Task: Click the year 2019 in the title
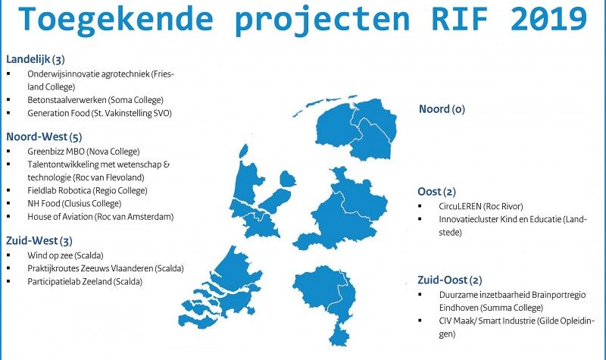coord(548,18)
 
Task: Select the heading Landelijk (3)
coord(36,60)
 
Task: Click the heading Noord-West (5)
coord(44,137)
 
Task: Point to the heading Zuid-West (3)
coord(39,241)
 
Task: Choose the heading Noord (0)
coord(442,109)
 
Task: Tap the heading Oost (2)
coord(437,192)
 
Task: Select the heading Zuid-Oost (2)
coord(450,280)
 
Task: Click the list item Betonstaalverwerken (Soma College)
coord(95,100)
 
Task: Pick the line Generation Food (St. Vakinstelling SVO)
coord(99,113)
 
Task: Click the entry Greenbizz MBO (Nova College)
coord(83,152)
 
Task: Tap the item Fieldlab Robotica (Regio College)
coord(87,191)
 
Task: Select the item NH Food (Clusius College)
coord(74,204)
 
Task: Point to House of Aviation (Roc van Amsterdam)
coord(101,217)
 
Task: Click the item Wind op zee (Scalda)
coord(65,255)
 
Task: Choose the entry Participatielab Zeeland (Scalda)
coord(85,282)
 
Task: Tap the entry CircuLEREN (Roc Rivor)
coord(481,206)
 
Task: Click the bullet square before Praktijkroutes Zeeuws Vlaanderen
coord(9,268)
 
